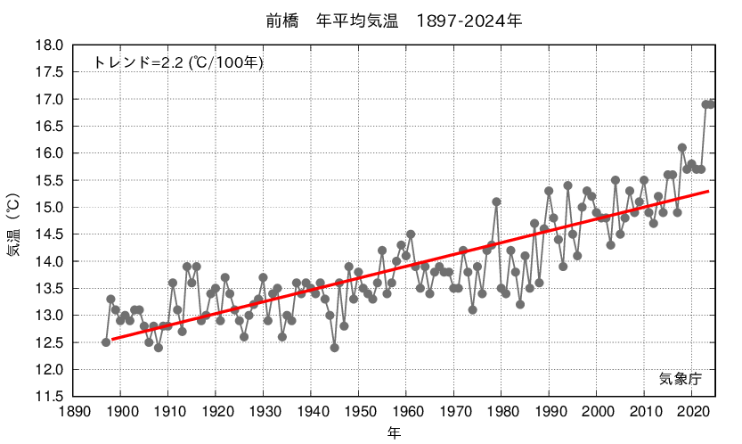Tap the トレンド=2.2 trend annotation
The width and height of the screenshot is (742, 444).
coord(178,62)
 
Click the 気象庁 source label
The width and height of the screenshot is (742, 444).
coord(681,378)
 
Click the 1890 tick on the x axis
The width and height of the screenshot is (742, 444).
coord(74,411)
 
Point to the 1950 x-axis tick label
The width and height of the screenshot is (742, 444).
coord(359,411)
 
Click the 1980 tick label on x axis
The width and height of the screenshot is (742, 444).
coord(501,411)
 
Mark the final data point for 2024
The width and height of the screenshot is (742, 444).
coord(711,104)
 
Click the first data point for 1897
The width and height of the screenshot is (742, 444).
coord(106,342)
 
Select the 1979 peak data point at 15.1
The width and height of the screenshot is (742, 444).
coord(496,201)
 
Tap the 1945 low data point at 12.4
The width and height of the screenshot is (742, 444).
coord(335,348)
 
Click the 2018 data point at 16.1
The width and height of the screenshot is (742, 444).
coord(682,148)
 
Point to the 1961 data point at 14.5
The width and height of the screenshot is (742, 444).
coord(411,234)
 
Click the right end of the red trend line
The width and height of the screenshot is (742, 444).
coord(709,191)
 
